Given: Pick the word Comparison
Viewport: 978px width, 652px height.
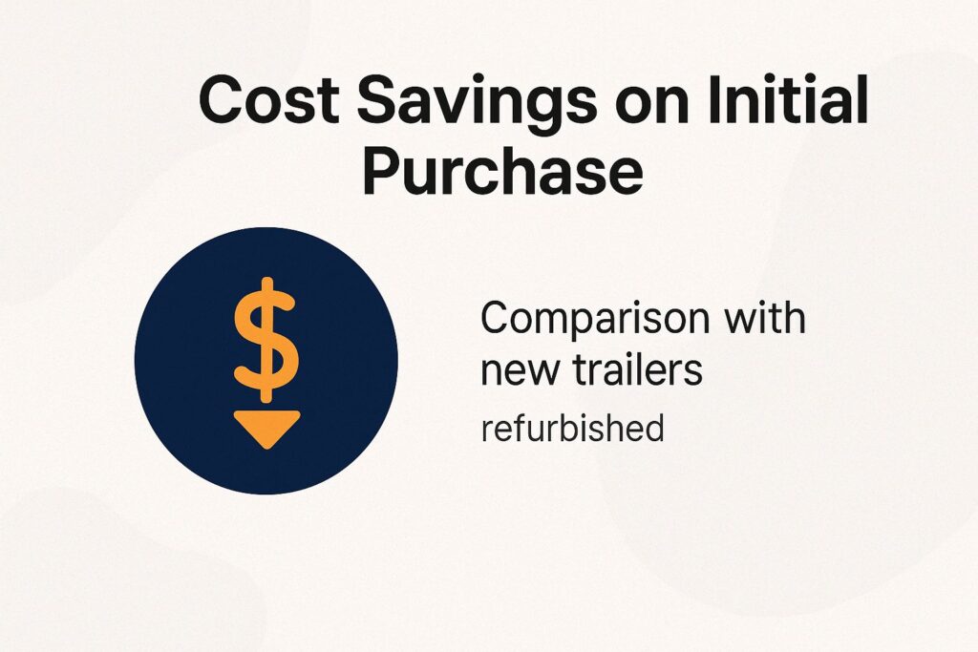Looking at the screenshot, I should [593, 320].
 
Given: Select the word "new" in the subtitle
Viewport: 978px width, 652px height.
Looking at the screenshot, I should [516, 371].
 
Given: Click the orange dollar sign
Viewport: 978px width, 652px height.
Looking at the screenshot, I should [266, 339].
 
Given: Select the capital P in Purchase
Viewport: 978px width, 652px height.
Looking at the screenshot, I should [383, 172].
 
